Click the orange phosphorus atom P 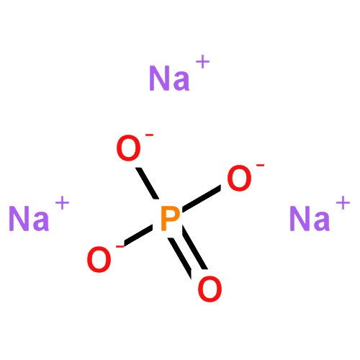pos(170,218)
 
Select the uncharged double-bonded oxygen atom pos(210,289)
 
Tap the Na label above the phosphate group pos(169,78)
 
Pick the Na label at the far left pos(29,218)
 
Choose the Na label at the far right pos(310,218)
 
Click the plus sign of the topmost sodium pos(203,62)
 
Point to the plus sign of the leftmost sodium pos(63,203)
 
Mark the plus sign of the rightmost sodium pos(343,203)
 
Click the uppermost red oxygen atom pos(128,148)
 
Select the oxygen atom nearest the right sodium pos(239,178)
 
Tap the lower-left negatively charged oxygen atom pos(99,259)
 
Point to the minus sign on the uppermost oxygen pos(149,135)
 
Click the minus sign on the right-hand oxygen pos(260,165)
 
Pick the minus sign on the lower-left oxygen pos(120,246)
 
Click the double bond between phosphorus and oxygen pos(189,253)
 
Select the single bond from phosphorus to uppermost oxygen pos(147,184)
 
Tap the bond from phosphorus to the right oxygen pos(202,199)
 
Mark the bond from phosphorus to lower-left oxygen pos(138,236)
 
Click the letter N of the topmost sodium pos(159,78)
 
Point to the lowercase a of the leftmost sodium pos(40,222)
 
